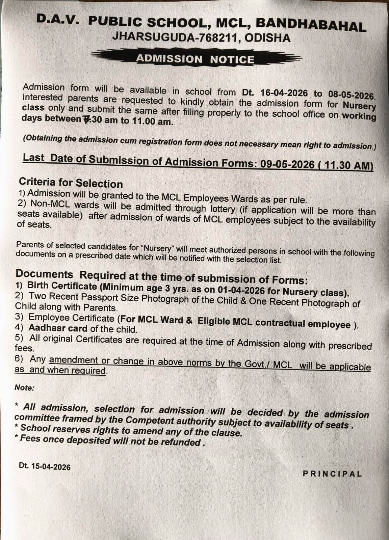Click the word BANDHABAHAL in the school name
(311, 25)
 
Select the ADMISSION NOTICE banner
(195, 59)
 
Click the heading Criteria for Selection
(71, 183)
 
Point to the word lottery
(222, 209)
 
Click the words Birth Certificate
(62, 286)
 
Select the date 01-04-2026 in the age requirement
(241, 290)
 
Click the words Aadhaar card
(58, 328)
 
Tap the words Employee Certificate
(72, 318)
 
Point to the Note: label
(25, 387)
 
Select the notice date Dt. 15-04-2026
(45, 466)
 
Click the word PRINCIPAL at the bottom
(332, 474)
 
